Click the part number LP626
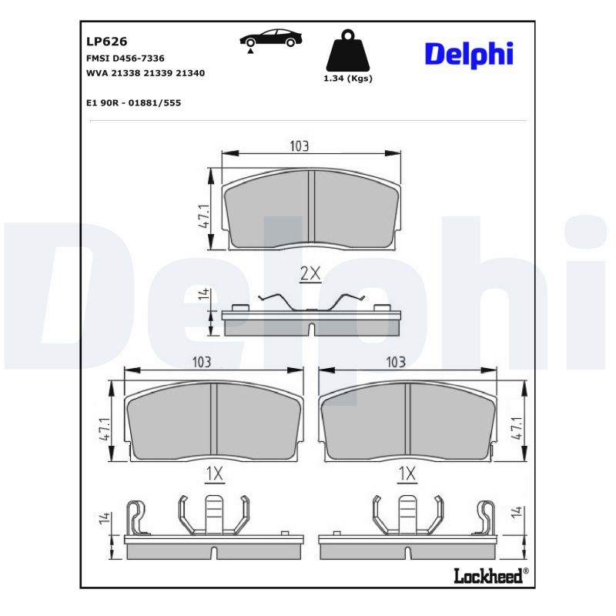107,42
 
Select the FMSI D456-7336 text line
126,59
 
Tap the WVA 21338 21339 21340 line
146,73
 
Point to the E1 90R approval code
134,102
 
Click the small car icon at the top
269,39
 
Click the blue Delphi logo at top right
468,54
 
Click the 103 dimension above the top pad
299,146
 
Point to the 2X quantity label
310,273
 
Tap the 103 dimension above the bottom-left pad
202,361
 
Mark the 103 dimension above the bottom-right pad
396,361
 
